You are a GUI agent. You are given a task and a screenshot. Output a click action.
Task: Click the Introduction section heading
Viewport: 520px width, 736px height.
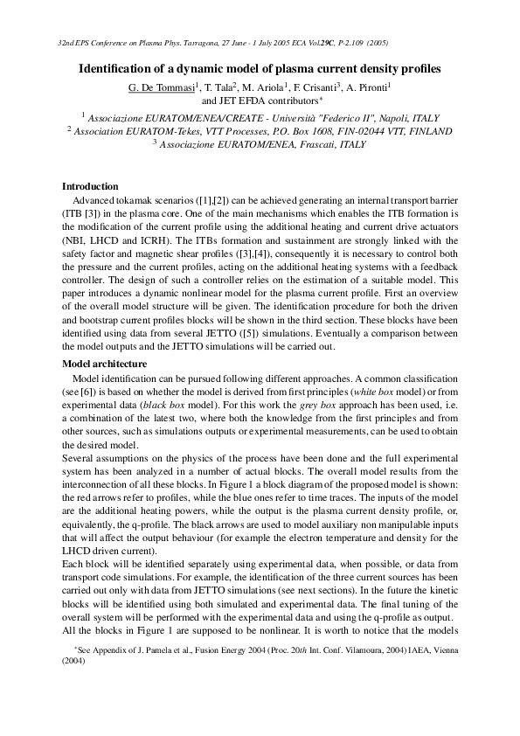point(90,186)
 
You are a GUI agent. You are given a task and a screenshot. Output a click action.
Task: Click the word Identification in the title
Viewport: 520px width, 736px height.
point(116,67)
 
